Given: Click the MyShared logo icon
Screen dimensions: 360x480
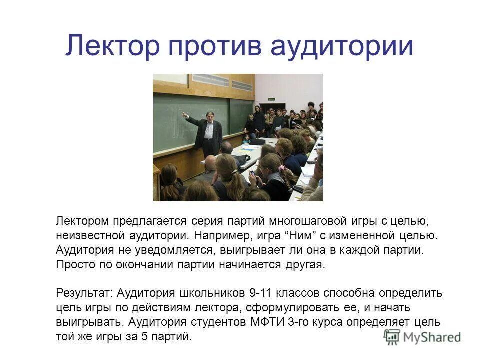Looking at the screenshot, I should pyautogui.click(x=392, y=337).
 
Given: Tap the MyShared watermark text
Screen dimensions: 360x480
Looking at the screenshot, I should pyautogui.click(x=432, y=337).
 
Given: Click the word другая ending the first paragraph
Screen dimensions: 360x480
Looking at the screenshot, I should pyautogui.click(x=307, y=264).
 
